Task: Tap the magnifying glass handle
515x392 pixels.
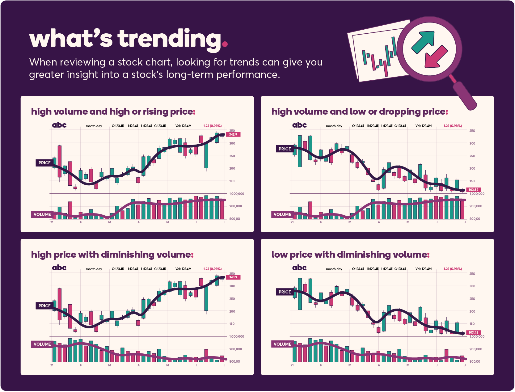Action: pos(465,95)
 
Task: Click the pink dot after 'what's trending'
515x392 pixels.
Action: pos(225,44)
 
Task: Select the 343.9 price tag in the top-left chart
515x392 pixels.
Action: pos(233,134)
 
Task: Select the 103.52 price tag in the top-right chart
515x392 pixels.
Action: pos(473,190)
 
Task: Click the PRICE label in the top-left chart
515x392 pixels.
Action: pos(44,163)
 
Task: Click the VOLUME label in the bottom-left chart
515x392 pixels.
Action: pos(42,344)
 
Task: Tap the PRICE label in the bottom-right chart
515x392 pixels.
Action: pos(285,292)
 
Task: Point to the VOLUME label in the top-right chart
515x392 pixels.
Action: pos(282,214)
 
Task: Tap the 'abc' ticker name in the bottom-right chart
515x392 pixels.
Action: pos(299,268)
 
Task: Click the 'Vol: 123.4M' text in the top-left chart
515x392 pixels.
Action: pos(183,126)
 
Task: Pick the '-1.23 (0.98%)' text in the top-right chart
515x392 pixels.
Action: pos(452,126)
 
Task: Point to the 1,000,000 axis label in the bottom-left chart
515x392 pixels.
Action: pos(236,336)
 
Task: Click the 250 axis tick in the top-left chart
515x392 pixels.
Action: pos(232,156)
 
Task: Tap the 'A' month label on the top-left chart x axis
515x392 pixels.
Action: pos(138,222)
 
